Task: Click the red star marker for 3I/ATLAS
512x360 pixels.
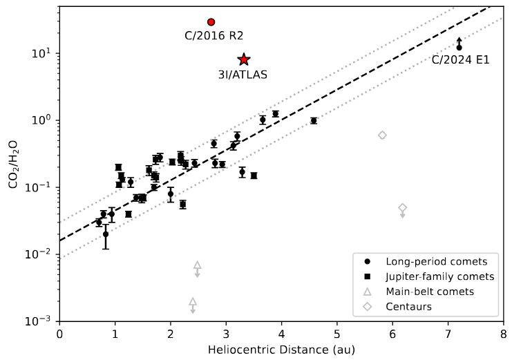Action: coord(244,60)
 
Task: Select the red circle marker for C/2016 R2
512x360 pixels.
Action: coord(211,22)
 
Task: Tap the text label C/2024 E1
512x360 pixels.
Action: coord(460,60)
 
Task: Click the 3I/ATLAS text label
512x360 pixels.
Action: coord(243,75)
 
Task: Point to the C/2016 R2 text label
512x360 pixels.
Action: coord(214,36)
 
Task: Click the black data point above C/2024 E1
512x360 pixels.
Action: coord(459,47)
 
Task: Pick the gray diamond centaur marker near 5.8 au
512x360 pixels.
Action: coord(382,135)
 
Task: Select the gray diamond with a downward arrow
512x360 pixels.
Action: coord(403,207)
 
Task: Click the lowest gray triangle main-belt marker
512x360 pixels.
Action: coord(193,301)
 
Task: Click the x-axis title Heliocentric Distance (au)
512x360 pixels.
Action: coord(281,350)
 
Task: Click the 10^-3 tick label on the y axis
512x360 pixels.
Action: coord(41,321)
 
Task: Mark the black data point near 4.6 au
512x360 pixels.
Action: coord(314,121)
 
